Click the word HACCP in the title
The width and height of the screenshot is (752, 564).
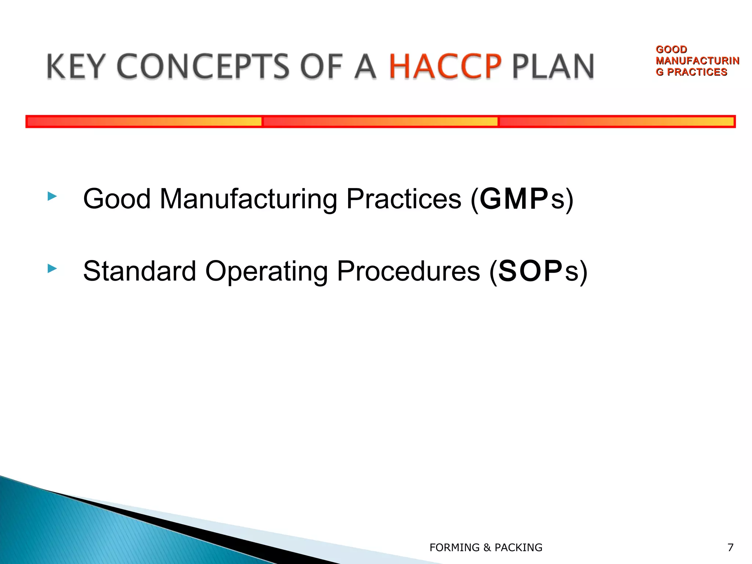tap(445, 66)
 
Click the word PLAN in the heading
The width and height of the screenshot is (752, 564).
tap(553, 66)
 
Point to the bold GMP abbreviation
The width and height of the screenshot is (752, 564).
tap(514, 199)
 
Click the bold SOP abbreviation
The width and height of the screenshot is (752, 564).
tap(530, 271)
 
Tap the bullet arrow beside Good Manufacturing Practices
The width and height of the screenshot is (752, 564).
tap(52, 196)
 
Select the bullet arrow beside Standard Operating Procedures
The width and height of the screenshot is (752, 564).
tap(52, 269)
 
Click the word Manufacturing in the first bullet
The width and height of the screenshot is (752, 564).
tap(248, 199)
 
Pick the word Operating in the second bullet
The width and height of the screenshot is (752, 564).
tap(266, 271)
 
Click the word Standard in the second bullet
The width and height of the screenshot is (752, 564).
tap(140, 271)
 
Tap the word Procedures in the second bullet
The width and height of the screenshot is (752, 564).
tap(408, 271)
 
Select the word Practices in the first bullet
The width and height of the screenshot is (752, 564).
tap(404, 199)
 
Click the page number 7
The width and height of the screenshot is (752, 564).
tap(730, 547)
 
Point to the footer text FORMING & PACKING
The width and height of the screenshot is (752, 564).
tap(486, 547)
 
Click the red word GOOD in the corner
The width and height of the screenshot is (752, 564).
tap(671, 50)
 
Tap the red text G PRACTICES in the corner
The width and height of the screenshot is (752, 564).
tap(691, 72)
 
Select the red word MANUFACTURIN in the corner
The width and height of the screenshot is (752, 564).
tap(697, 61)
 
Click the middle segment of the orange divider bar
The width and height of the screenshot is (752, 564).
tap(380, 122)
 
